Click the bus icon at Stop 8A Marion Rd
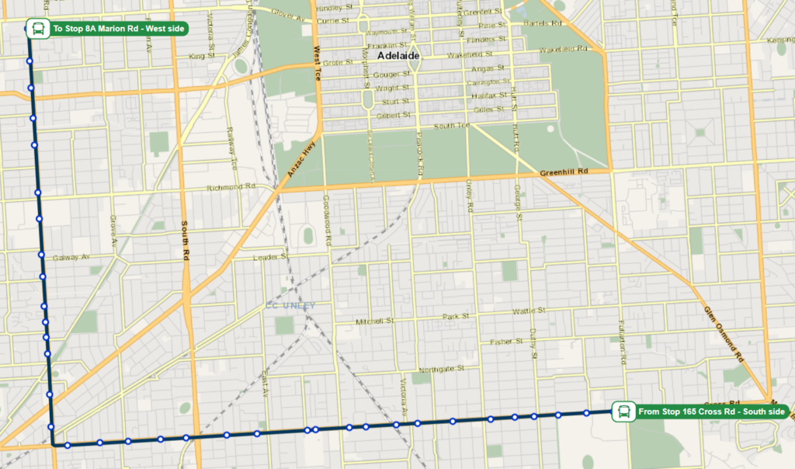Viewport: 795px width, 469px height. [36, 30]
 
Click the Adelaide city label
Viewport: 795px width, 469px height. [397, 57]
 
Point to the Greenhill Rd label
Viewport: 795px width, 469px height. [564, 172]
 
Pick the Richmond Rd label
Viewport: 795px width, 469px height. [231, 188]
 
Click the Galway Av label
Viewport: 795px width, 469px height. [71, 258]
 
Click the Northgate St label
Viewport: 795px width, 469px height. [440, 369]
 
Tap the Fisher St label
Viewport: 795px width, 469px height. [507, 342]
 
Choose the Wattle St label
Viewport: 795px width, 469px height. [529, 311]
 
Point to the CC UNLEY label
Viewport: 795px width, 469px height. [290, 306]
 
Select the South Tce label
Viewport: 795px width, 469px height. [452, 126]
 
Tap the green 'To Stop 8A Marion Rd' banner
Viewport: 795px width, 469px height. [120, 30]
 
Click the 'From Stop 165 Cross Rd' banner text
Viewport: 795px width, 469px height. [711, 411]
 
